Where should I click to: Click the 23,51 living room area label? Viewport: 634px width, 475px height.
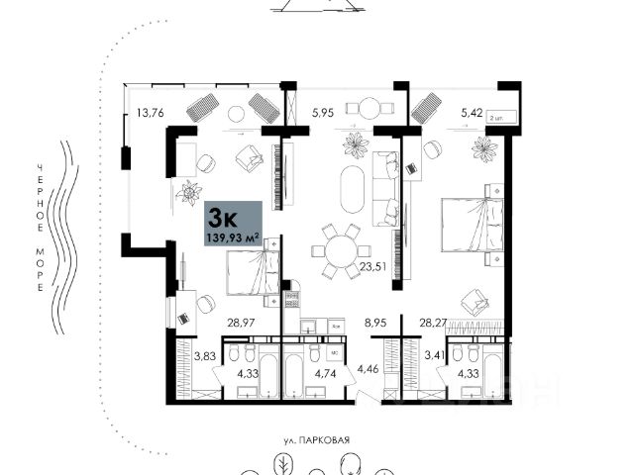[x=373, y=266]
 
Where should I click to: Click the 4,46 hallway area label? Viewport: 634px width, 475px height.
[x=368, y=371]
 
